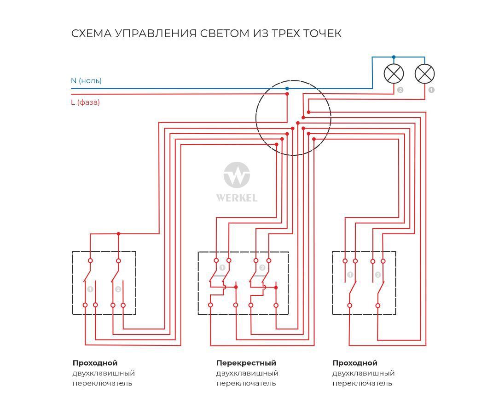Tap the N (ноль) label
click(x=86, y=81)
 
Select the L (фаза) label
click(x=85, y=102)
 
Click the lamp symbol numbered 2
click(x=394, y=74)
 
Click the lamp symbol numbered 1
click(x=424, y=74)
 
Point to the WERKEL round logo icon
click(x=237, y=175)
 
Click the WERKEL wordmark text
click(x=237, y=198)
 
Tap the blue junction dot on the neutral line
click(x=287, y=89)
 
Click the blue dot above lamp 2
click(x=394, y=57)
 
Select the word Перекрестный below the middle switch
click(x=246, y=363)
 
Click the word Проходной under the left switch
click(x=95, y=363)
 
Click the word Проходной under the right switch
click(x=355, y=363)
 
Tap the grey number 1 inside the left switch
click(x=90, y=289)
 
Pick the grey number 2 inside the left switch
click(x=118, y=289)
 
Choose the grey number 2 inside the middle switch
click(x=262, y=268)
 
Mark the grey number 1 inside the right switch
click(x=350, y=275)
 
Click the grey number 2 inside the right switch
click(x=378, y=275)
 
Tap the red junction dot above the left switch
click(x=118, y=234)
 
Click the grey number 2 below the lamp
click(x=400, y=90)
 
